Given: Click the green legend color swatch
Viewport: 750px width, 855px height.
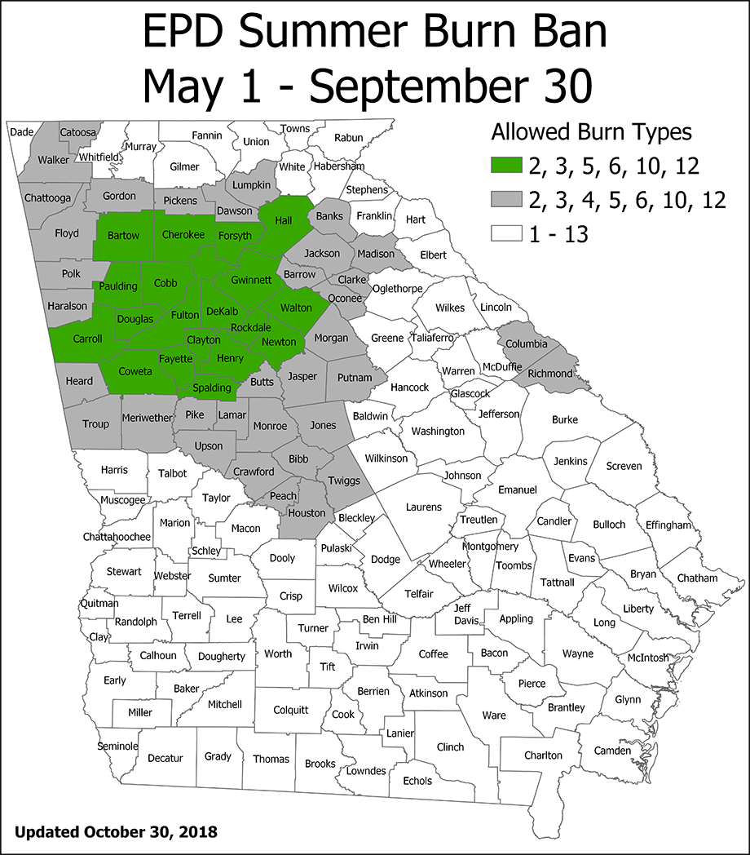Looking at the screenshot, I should pyautogui.click(x=505, y=166).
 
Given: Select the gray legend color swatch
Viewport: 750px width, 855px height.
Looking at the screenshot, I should pyautogui.click(x=505, y=201).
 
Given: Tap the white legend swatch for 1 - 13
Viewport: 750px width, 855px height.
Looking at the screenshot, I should pyautogui.click(x=505, y=235).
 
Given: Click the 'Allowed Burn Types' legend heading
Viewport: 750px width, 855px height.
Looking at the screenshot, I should pyautogui.click(x=591, y=132).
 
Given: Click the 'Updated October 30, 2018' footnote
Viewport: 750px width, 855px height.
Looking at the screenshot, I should pyautogui.click(x=116, y=832).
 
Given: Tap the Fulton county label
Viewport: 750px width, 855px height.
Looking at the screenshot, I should pyautogui.click(x=185, y=314).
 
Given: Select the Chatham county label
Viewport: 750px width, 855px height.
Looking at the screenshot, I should pyautogui.click(x=697, y=578).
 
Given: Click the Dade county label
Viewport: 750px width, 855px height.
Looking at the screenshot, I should pyautogui.click(x=21, y=131).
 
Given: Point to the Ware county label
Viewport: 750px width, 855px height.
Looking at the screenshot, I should pyautogui.click(x=494, y=715).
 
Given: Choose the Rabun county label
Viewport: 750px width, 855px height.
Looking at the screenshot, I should pyautogui.click(x=348, y=138).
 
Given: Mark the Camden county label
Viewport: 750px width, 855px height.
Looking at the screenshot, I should pyautogui.click(x=612, y=750).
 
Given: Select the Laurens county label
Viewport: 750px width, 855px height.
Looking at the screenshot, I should pyautogui.click(x=424, y=507).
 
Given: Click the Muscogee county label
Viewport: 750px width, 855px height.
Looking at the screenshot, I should pyautogui.click(x=123, y=499).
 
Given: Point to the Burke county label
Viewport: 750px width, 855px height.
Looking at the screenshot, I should pyautogui.click(x=564, y=419).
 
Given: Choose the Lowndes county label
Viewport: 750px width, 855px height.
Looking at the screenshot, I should pyautogui.click(x=366, y=771).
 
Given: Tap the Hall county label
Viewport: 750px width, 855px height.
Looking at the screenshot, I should pyautogui.click(x=284, y=220).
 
